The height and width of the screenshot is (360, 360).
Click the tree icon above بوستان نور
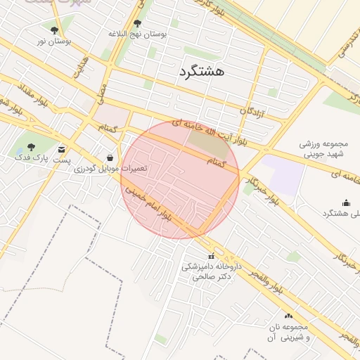pos(55,30)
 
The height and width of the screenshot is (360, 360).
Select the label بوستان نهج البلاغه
pos(138,34)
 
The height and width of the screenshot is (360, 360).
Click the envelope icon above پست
pos(62,149)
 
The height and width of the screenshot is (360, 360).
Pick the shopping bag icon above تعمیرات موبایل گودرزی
pos(110,157)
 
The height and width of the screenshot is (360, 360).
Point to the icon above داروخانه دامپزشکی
pos(210,255)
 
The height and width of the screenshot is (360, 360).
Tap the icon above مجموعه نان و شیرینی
pos(288,316)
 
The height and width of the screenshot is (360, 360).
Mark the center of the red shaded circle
pos(180,179)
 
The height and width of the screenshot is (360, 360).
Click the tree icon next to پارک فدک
pos(36,147)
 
